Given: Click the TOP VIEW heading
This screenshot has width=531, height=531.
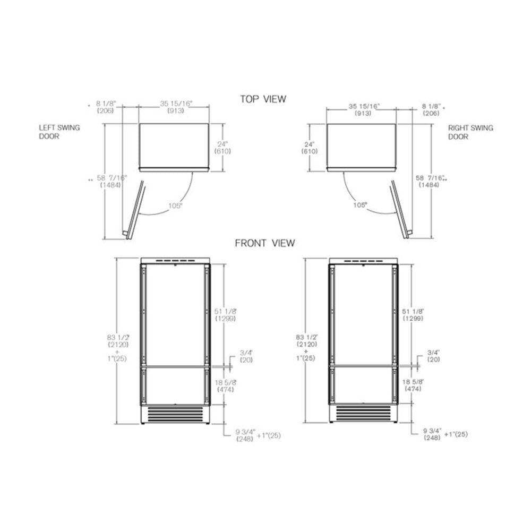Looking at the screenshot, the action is [x=263, y=99].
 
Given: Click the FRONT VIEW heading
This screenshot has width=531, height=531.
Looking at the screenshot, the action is [x=265, y=243].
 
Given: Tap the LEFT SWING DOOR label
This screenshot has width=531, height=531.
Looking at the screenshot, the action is [x=59, y=132].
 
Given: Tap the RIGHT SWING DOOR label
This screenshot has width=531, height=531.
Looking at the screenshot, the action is [x=470, y=132].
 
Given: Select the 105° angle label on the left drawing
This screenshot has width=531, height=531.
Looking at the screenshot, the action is [x=175, y=205].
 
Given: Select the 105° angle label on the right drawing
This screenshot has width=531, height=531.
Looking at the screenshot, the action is [x=360, y=205].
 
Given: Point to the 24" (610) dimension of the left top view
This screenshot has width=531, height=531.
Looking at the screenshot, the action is [x=222, y=148].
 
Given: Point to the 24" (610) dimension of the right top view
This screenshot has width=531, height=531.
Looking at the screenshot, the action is [x=310, y=148].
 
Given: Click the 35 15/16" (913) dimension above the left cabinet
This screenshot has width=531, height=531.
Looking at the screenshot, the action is [x=176, y=107].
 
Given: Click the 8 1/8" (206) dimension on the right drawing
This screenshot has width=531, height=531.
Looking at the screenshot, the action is [x=431, y=110].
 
